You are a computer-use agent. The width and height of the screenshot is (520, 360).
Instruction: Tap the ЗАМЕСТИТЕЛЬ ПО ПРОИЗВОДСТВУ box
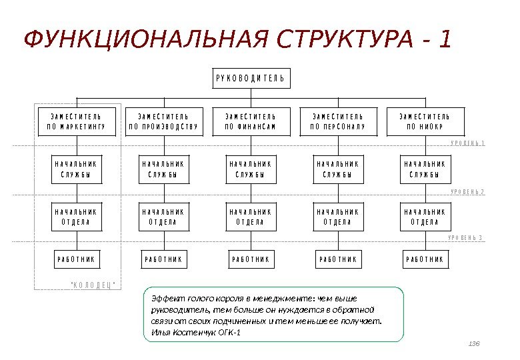[163, 121]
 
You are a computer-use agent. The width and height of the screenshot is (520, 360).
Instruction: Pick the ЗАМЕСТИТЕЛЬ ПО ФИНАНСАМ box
[250, 121]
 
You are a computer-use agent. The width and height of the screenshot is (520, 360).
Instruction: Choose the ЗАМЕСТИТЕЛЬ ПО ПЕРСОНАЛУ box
[337, 121]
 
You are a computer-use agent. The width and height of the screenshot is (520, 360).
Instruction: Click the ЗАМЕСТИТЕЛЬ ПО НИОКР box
[425, 121]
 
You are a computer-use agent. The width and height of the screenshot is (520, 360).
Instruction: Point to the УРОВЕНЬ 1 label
[467, 143]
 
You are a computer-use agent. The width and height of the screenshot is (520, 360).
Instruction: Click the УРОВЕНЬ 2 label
[467, 192]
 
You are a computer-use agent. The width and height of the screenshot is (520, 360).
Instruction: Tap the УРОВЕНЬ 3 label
[466, 238]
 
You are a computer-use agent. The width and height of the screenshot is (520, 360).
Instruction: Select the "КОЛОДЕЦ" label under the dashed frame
[93, 285]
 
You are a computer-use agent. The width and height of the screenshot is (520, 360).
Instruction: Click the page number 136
[475, 343]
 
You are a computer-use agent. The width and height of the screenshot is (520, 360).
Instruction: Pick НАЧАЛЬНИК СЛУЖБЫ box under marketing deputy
[75, 169]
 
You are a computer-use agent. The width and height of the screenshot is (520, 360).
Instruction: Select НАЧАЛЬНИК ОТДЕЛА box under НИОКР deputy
[425, 217]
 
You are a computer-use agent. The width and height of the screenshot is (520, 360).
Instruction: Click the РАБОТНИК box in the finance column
[250, 259]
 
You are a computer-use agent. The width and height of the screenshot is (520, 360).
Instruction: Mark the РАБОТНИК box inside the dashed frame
[75, 259]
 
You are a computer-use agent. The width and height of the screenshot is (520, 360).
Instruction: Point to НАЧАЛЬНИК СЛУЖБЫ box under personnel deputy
[337, 169]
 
